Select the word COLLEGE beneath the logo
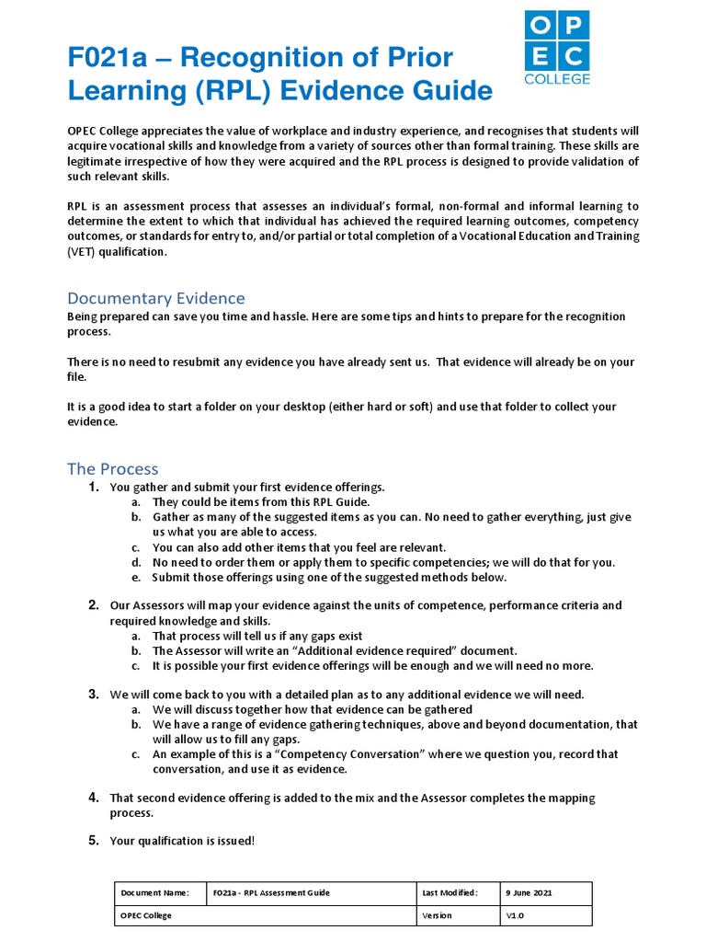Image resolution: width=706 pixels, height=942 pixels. point(557,79)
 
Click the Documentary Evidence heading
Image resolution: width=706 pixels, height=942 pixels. point(156,298)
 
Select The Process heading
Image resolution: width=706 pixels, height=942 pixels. point(113,469)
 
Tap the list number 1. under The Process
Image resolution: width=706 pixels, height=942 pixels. point(94,487)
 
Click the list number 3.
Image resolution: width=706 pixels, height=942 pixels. point(94,694)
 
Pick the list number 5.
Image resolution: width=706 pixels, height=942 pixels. point(94,840)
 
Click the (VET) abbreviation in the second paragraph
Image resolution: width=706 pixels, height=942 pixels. point(82,253)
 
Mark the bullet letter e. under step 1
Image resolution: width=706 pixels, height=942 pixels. point(135,578)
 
